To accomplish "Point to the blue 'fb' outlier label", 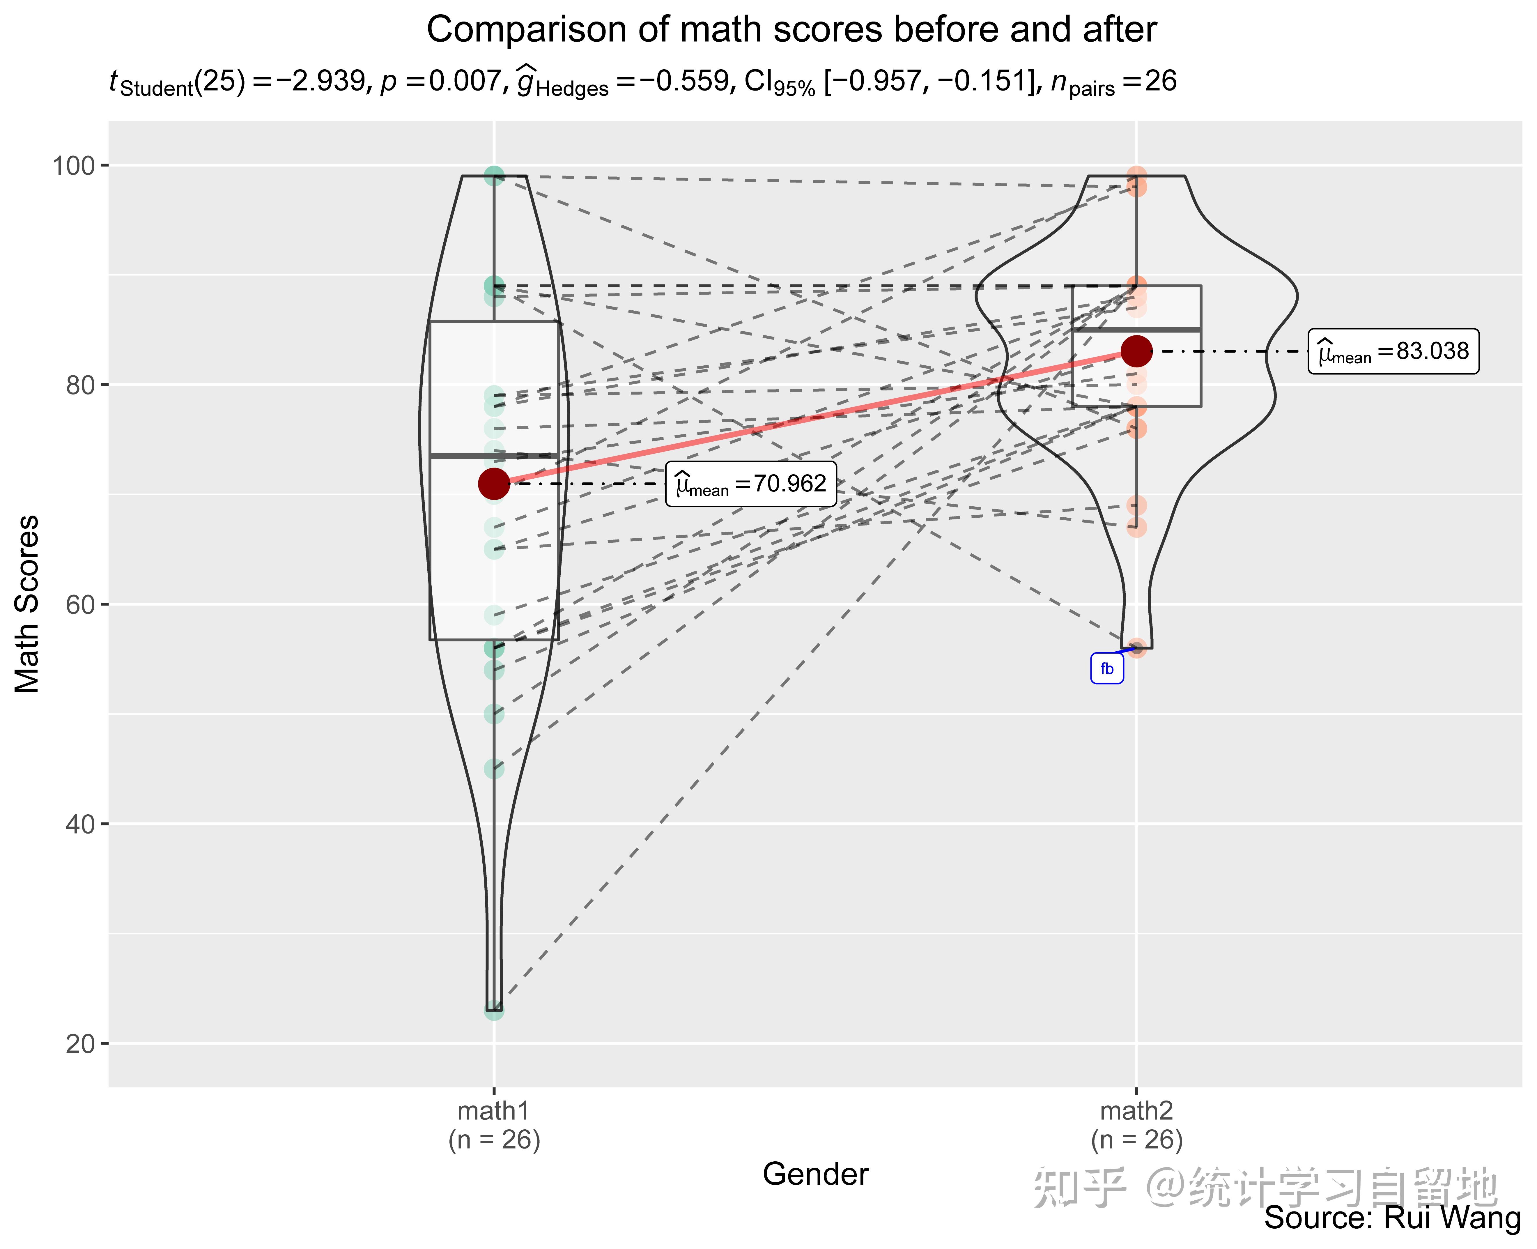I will tap(1107, 668).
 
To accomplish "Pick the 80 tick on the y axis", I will tap(81, 385).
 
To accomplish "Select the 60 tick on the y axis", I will tap(81, 604).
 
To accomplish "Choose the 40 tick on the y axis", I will tap(81, 824).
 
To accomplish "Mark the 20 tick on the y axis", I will tap(81, 1043).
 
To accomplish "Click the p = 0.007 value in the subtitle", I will tap(440, 81).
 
